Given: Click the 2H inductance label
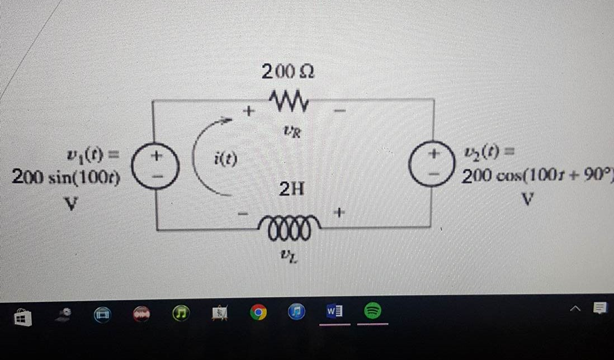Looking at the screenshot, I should click(x=292, y=191).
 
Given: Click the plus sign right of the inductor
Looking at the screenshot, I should click(x=341, y=213).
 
